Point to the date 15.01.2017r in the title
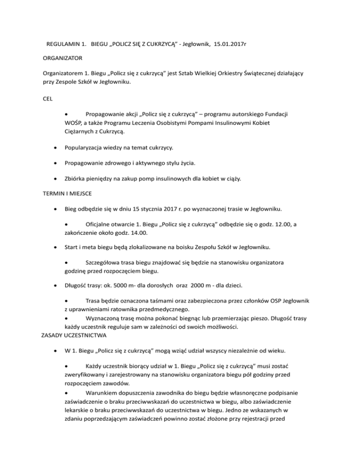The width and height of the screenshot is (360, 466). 231,45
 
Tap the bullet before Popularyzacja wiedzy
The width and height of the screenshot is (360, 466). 56,149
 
